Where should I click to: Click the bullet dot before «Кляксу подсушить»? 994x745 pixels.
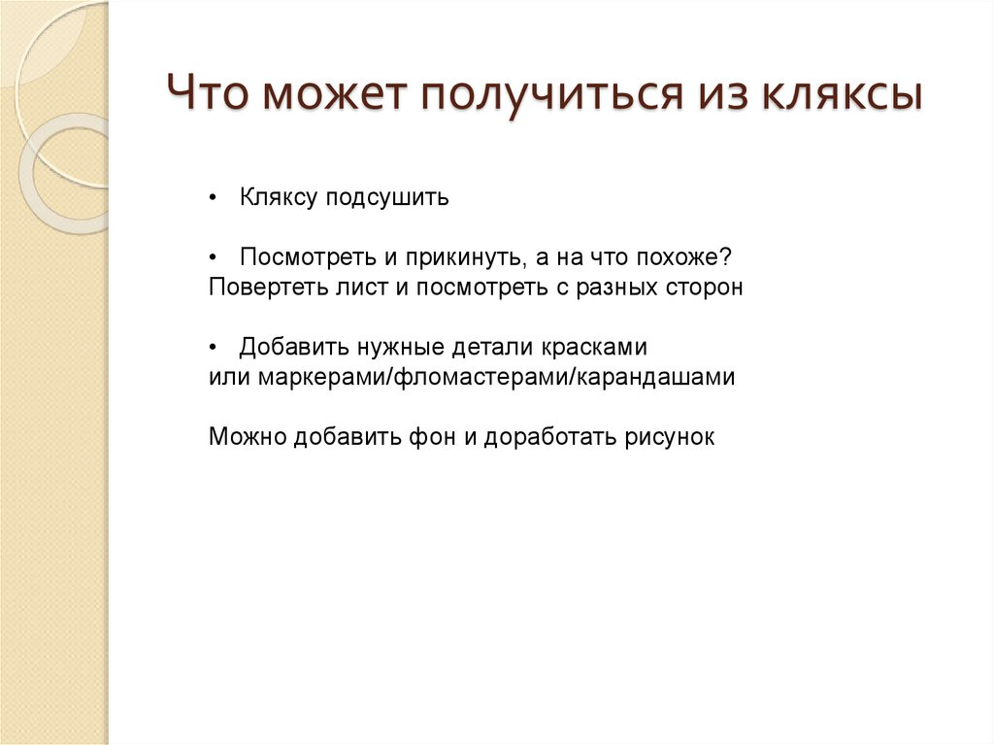click(x=215, y=199)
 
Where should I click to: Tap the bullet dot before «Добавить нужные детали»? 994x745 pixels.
click(x=215, y=348)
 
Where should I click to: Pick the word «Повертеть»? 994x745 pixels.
click(x=254, y=288)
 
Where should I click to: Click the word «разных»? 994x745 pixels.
click(x=609, y=288)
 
